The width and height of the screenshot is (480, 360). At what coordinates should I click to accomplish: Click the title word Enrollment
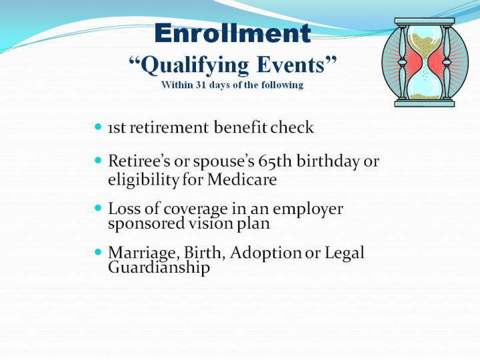[x=233, y=33]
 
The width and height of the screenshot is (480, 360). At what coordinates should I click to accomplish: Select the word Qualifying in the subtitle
[x=195, y=65]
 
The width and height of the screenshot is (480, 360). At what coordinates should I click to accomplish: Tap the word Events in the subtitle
[x=290, y=64]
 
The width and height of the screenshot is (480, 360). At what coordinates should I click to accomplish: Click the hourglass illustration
[x=425, y=63]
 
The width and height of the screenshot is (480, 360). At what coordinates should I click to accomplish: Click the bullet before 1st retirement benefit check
[x=98, y=127]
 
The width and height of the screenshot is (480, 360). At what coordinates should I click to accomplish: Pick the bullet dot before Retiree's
[x=98, y=160]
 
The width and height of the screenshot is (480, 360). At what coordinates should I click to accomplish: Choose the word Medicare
[x=242, y=179]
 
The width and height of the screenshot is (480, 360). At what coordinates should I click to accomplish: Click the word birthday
[x=328, y=161]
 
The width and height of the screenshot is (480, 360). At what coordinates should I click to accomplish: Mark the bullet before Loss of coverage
[x=98, y=208]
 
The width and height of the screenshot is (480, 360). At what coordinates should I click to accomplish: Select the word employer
[x=307, y=210]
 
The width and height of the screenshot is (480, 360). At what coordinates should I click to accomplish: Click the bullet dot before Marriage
[x=98, y=252]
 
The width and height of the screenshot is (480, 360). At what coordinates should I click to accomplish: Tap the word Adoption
[x=266, y=253]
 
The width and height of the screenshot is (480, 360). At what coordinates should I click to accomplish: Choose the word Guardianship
[x=159, y=267]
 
